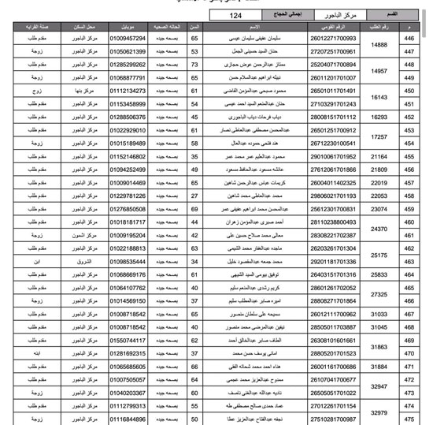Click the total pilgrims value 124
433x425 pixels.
pyautogui.click(x=235, y=15)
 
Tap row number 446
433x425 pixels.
pyautogui.click(x=409, y=38)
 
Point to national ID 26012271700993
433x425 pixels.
pyautogui.click(x=333, y=38)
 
